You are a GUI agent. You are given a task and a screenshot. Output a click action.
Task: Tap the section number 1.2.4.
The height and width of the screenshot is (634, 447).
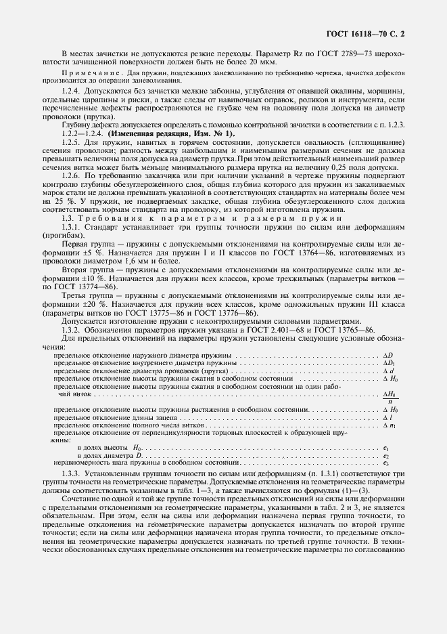71,90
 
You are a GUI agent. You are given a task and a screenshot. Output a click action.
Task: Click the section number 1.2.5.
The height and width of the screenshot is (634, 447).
71,142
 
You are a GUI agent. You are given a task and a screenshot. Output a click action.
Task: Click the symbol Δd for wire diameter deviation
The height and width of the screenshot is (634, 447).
388,371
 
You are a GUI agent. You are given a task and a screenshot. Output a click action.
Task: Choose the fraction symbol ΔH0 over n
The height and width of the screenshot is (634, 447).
389,397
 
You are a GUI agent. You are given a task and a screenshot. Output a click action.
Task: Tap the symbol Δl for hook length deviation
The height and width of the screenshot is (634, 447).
388,418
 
